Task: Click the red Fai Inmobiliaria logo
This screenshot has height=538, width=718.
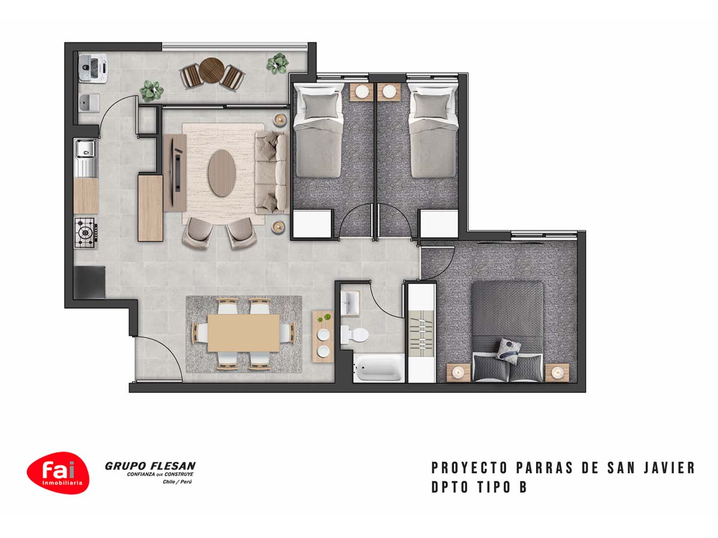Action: point(58,473)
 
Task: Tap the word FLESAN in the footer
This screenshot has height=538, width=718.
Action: point(173,466)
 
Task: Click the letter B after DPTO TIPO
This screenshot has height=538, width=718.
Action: point(523,488)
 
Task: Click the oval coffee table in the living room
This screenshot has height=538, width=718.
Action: point(222,173)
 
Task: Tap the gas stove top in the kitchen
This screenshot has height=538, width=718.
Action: point(86,233)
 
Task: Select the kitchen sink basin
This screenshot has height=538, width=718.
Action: point(86,148)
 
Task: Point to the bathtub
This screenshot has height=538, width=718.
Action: point(379,368)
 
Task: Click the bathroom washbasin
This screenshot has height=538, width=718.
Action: point(351,303)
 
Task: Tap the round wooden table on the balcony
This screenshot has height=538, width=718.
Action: point(212,70)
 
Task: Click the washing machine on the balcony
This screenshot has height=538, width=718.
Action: point(93,68)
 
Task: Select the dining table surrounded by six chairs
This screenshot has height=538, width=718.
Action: point(244,333)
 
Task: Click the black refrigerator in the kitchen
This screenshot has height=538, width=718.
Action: point(89,282)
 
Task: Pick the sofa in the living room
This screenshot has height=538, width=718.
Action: point(271,173)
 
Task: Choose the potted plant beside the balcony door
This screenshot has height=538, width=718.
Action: point(151,91)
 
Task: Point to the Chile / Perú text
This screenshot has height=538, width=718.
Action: point(177,482)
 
